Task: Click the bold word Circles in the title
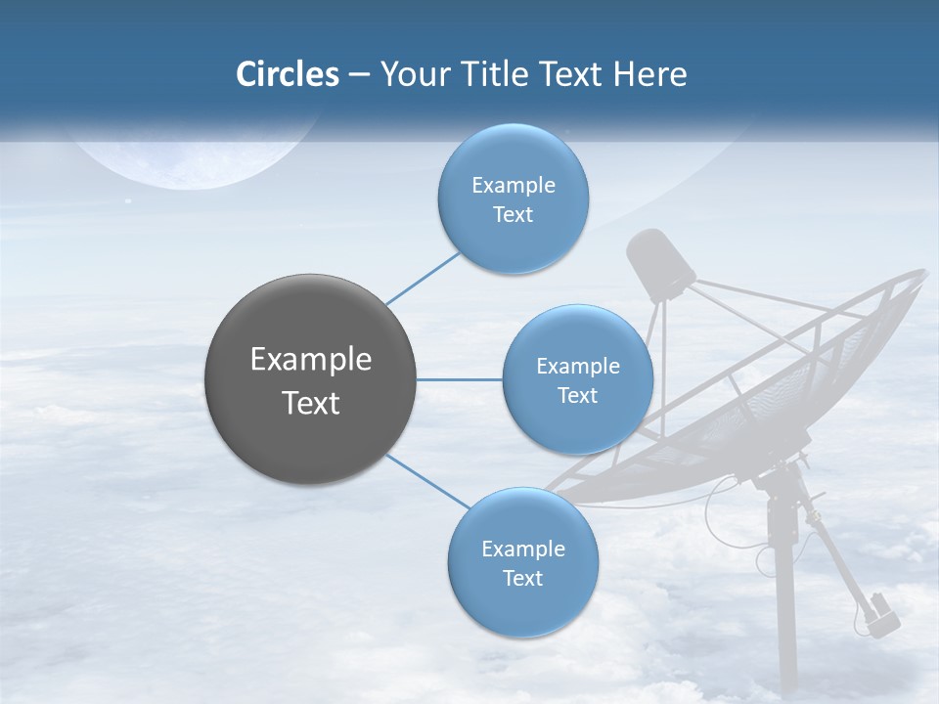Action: pyautogui.click(x=288, y=74)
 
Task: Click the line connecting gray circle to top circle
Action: pyautogui.click(x=423, y=278)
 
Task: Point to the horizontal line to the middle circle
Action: pyautogui.click(x=459, y=379)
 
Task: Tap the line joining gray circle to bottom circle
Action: pyautogui.click(x=428, y=482)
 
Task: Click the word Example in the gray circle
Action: pyautogui.click(x=310, y=360)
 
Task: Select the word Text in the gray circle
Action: pyautogui.click(x=310, y=403)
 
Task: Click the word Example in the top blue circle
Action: pyautogui.click(x=513, y=186)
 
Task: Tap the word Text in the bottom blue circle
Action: pyautogui.click(x=522, y=579)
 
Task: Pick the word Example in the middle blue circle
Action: pyautogui.click(x=577, y=367)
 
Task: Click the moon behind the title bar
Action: pyautogui.click(x=196, y=156)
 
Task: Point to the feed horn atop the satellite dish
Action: pyautogui.click(x=660, y=262)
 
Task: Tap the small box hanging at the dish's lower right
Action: pyautogui.click(x=882, y=613)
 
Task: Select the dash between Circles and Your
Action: pyautogui.click(x=358, y=75)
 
